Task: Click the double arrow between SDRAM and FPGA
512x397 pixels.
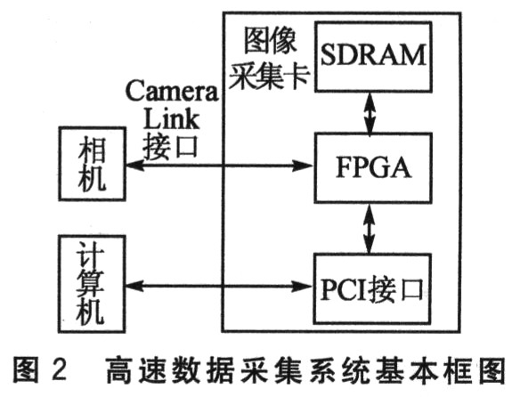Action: (x=370, y=112)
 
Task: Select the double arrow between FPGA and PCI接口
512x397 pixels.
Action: (x=370, y=229)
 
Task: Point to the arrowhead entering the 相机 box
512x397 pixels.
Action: (x=134, y=166)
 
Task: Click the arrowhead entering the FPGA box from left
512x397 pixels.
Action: (x=304, y=166)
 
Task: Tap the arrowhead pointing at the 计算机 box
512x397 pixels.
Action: (x=134, y=287)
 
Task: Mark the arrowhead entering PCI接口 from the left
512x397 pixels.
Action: (x=303, y=287)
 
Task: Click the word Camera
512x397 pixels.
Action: (x=172, y=91)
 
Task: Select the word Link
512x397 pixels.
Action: (x=171, y=118)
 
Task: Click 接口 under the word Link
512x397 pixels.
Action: (x=170, y=146)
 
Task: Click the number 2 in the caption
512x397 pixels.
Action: (x=59, y=369)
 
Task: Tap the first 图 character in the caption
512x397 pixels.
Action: (x=26, y=369)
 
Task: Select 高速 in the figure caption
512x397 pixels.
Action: (x=136, y=370)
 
